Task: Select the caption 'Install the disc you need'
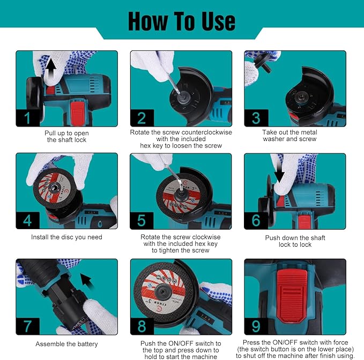click(66, 237)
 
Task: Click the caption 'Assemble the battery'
click(66, 344)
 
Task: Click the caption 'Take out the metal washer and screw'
click(289, 136)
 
